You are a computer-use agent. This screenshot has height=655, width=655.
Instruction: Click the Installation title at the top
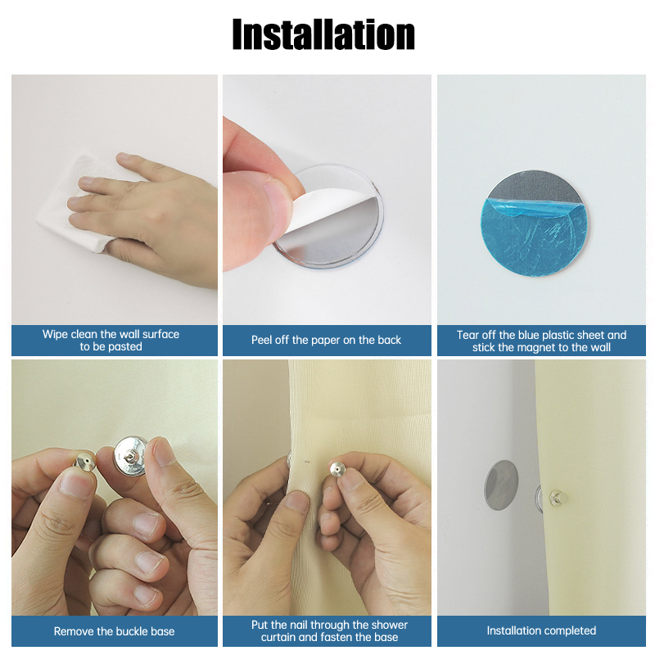pos(323,34)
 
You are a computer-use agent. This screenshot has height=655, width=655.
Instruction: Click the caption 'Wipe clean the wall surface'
pos(111,334)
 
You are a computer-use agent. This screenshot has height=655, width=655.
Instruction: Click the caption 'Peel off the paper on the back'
pos(326,340)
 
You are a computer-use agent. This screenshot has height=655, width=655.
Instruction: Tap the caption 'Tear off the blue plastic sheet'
pos(541,334)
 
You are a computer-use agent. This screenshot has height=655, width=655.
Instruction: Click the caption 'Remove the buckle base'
pos(114,631)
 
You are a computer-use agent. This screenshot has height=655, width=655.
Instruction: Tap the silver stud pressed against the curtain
pos(336,468)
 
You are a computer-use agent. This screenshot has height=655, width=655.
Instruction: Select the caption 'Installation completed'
pos(541,631)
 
